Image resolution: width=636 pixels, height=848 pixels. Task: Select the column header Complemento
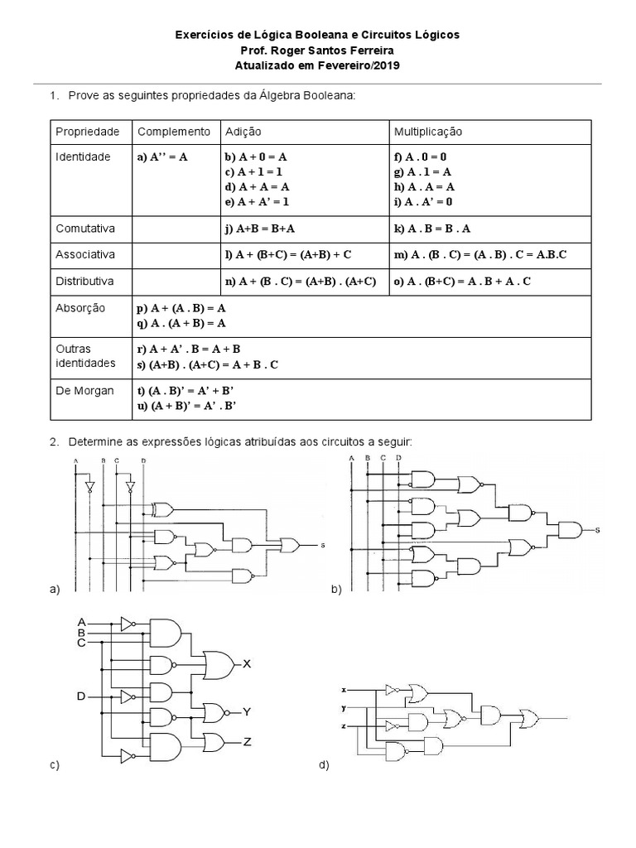[x=174, y=132]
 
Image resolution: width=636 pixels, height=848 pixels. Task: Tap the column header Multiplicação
[x=428, y=132]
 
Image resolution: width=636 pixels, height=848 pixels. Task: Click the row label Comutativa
[x=84, y=228]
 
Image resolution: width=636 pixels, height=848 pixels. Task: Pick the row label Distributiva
[x=86, y=281]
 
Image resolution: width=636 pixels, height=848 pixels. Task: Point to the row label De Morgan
[x=84, y=391]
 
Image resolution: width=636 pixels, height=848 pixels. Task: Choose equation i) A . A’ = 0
[x=423, y=201]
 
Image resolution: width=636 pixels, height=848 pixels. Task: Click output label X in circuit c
[x=247, y=663]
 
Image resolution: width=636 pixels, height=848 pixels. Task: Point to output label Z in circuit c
[x=247, y=741]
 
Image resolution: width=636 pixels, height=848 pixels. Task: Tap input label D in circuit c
[x=82, y=696]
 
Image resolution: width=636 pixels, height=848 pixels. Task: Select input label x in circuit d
[x=343, y=689]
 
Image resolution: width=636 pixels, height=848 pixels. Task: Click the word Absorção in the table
[x=80, y=308]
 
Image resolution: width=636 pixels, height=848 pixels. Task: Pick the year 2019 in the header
[x=383, y=65]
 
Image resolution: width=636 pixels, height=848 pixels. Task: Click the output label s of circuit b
[x=597, y=530]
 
